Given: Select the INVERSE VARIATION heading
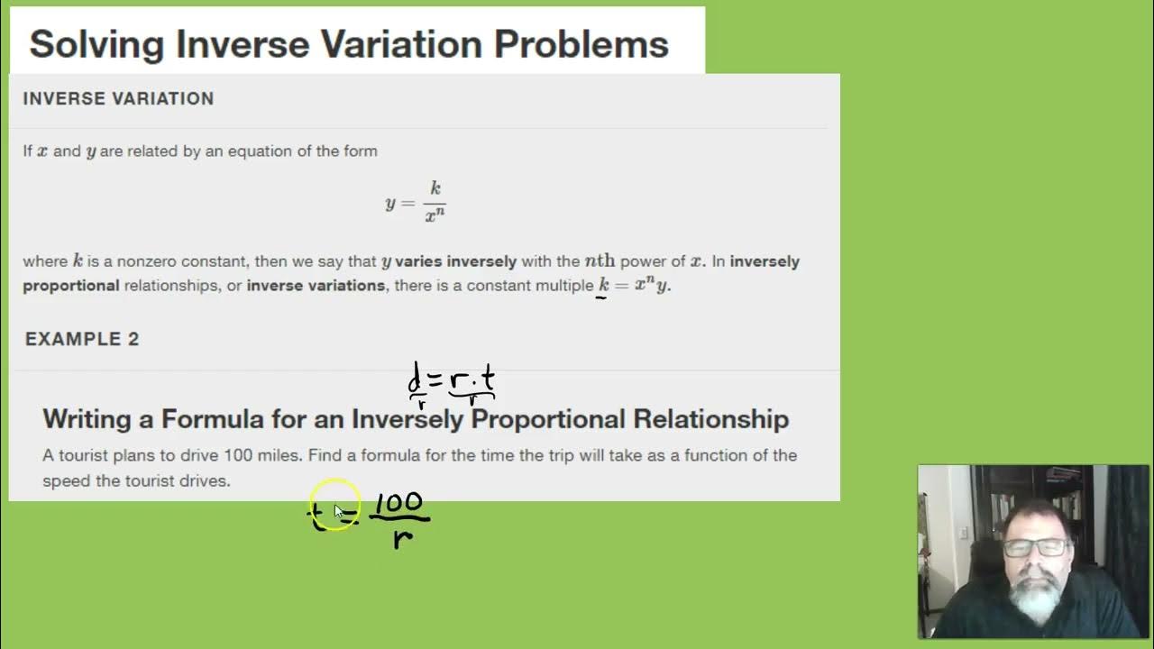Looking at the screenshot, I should [118, 98].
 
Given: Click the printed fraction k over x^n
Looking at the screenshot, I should [435, 202].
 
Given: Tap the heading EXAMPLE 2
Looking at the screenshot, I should [82, 339].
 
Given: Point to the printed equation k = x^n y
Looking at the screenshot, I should [635, 285].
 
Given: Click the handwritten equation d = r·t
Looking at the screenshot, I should [452, 382].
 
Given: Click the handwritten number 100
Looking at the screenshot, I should [398, 504].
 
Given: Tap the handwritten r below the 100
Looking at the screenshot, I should [402, 538].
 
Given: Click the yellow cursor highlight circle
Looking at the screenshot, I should [334, 506].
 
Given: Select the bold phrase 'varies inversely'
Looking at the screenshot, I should [455, 261].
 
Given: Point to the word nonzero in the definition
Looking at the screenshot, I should [141, 261].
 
